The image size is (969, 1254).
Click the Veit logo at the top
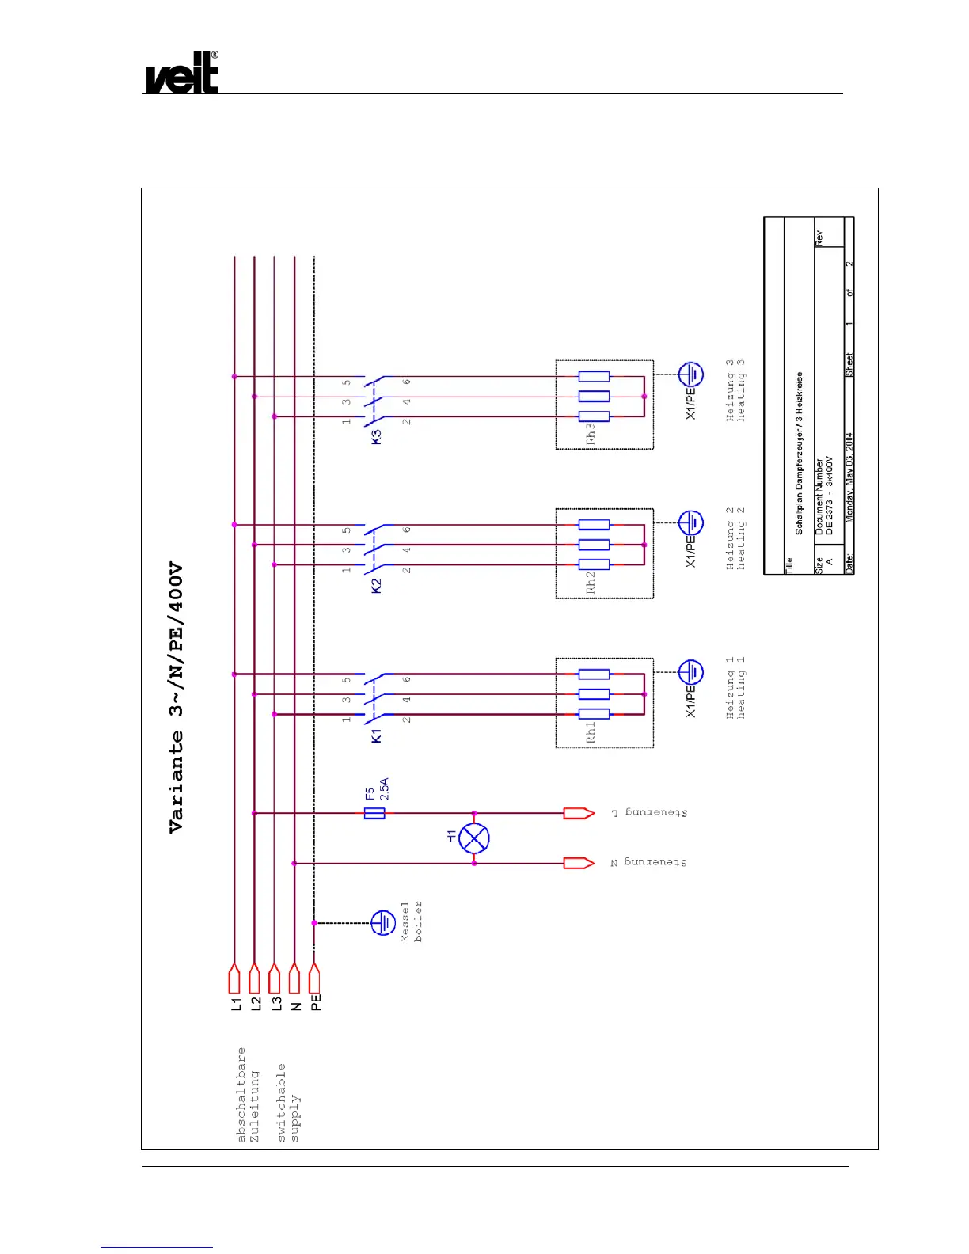point(182,74)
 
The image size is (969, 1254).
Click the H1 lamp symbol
point(474,838)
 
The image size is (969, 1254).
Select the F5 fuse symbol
point(374,813)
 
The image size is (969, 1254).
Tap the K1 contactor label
point(377,735)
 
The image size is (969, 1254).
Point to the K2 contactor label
point(377,586)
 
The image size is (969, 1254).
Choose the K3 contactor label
point(377,436)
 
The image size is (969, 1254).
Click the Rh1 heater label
point(591,732)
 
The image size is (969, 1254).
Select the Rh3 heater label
point(591,434)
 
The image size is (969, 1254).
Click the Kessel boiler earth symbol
point(383,923)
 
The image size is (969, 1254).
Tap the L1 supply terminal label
point(235,1004)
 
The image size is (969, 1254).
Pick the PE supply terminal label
point(316,1002)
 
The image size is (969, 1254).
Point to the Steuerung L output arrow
point(579,813)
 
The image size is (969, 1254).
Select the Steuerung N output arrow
point(579,863)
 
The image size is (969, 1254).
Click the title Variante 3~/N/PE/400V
point(176,697)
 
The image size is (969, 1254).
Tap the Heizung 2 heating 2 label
point(735,538)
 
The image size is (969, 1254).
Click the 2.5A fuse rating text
point(384,788)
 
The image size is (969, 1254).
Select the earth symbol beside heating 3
point(691,374)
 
